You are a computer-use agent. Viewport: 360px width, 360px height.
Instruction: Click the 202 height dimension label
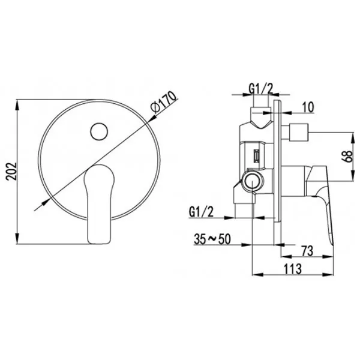click(x=11, y=172)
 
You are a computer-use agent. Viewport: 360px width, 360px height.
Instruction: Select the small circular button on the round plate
click(x=99, y=131)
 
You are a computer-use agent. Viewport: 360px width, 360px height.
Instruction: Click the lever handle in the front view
click(x=99, y=204)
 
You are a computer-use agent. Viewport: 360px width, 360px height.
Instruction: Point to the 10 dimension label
click(x=308, y=107)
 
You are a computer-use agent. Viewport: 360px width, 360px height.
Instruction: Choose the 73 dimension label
click(x=307, y=251)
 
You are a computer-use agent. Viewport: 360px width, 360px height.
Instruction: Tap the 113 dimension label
click(x=293, y=269)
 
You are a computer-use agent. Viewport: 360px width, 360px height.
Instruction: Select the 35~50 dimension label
click(x=212, y=239)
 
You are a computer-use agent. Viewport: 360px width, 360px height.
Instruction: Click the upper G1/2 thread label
click(x=261, y=89)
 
